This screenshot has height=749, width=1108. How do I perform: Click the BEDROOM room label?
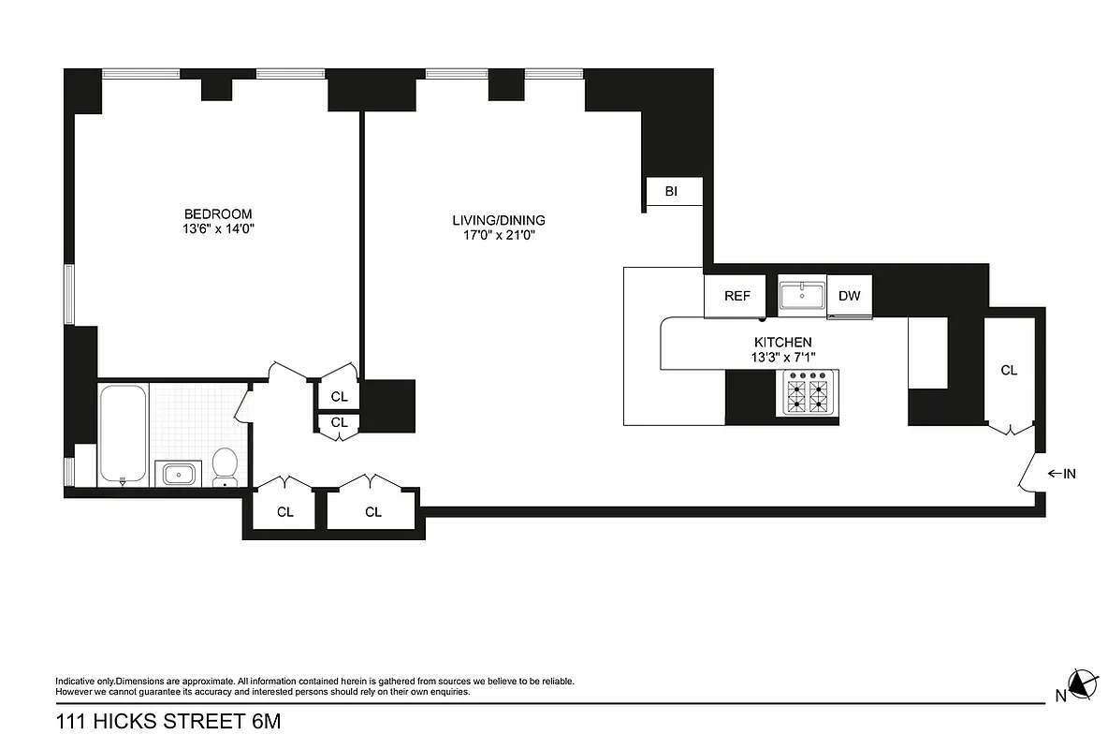[x=217, y=213]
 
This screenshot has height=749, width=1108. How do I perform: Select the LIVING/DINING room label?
[x=498, y=220]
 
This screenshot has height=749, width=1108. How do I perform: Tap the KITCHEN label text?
[x=782, y=343]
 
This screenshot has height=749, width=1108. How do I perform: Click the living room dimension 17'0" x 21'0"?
[x=498, y=235]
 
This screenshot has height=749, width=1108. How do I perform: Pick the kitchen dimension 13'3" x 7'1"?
[x=782, y=357]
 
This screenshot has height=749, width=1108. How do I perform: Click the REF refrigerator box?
[x=737, y=296]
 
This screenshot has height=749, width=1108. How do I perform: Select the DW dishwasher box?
[x=849, y=296]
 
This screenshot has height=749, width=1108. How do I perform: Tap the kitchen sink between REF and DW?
[x=802, y=295]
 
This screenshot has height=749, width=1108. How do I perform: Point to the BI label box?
[x=672, y=192]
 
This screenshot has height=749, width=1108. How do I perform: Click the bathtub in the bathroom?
[x=123, y=432]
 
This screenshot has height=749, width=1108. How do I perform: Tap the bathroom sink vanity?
[x=181, y=473]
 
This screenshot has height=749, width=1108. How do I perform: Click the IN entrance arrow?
[x=1060, y=474]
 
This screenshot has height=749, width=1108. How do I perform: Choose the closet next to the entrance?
[x=1009, y=371]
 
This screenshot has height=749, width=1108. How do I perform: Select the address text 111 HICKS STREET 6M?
[x=168, y=722]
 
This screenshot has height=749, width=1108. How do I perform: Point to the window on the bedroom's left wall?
[x=68, y=294]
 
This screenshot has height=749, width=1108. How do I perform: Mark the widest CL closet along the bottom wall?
[x=372, y=511]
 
